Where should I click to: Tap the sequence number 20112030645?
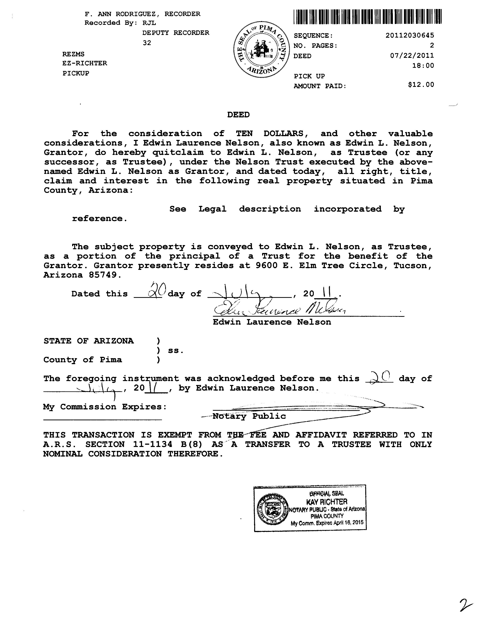click(x=410, y=35)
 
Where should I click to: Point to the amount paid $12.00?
click(x=421, y=85)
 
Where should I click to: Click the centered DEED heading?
click(x=238, y=115)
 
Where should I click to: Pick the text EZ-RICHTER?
click(x=85, y=63)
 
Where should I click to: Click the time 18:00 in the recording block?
click(x=423, y=66)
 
